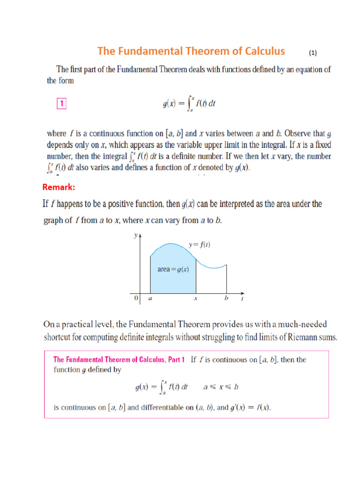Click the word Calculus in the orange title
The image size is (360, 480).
pos(260,51)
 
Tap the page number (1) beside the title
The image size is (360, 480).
pos(314,53)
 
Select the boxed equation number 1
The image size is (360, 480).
pos(61,104)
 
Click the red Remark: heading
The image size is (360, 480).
pos(59,187)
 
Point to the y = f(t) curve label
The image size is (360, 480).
pos(199,245)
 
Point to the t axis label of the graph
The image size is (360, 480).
pos(242,299)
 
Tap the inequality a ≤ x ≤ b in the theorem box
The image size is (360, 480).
pos(221,387)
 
